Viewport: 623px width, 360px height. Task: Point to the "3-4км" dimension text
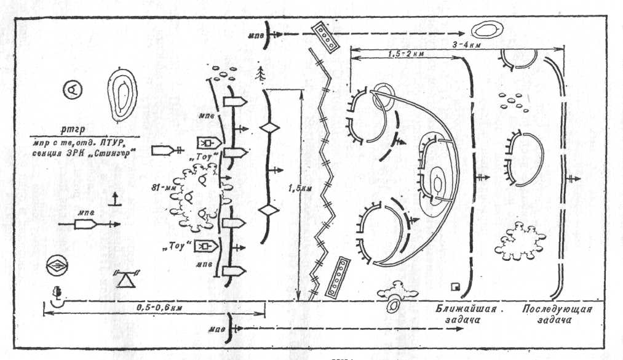click(531, 44)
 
